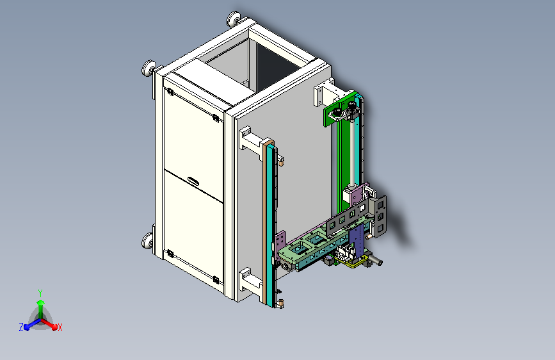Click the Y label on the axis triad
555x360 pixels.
[40, 293]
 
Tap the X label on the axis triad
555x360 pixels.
[60, 328]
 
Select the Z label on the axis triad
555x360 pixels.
[21, 327]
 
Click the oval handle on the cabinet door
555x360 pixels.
[193, 181]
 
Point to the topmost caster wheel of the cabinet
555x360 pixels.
[233, 19]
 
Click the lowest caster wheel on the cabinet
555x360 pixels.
[148, 241]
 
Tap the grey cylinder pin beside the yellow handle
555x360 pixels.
[376, 262]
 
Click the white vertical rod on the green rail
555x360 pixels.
[352, 152]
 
